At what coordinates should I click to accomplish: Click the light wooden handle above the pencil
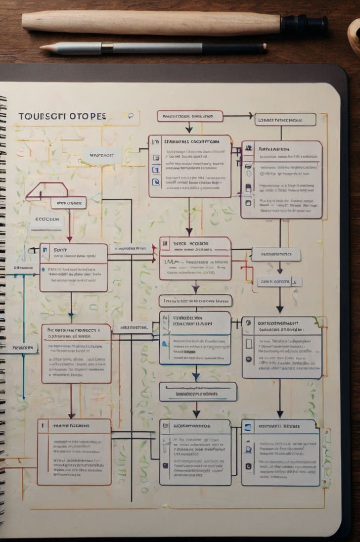148,23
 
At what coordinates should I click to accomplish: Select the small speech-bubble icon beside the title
131,116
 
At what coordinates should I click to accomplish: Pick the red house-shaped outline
47,191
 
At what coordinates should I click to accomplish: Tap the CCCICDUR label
47,219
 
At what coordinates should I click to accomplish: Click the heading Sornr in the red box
60,250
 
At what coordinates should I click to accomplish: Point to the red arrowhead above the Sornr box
70,239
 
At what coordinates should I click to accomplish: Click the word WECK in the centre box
179,244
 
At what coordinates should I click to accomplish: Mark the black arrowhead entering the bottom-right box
280,414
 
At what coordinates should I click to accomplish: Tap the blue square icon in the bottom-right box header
248,427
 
